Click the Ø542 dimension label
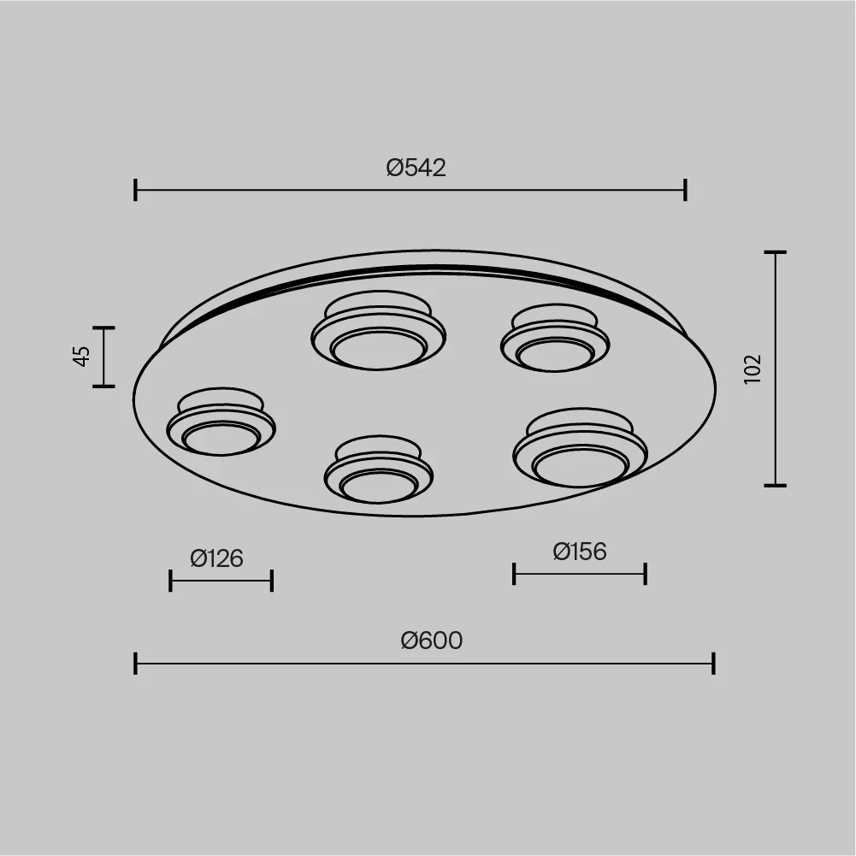click(x=416, y=168)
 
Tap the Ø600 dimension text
click(x=432, y=641)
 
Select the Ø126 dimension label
click(x=216, y=558)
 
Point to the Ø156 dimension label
click(x=580, y=552)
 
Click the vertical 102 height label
click(x=753, y=369)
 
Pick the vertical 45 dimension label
click(x=81, y=356)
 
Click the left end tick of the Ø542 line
click(x=135, y=190)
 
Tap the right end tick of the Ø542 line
click(x=685, y=190)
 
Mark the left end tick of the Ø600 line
click(x=135, y=664)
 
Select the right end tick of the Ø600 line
click(x=713, y=664)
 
